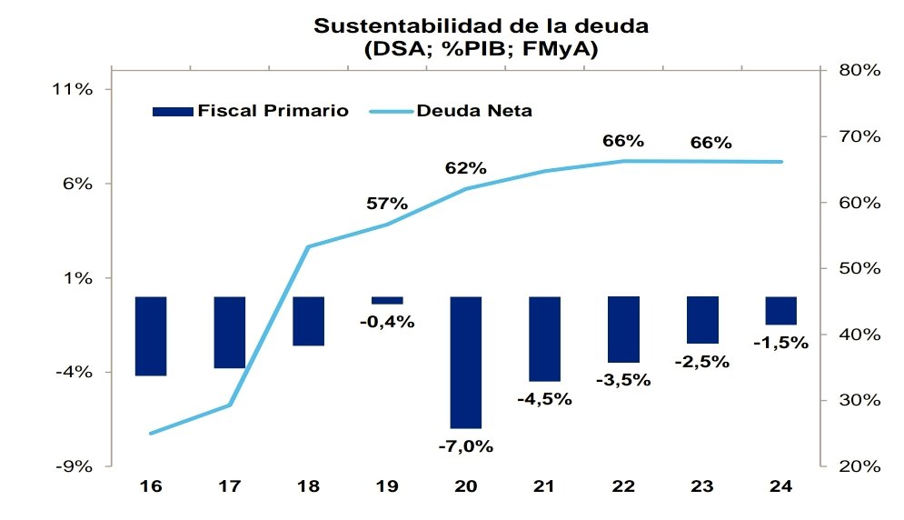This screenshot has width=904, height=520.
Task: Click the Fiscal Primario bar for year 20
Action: tap(465, 362)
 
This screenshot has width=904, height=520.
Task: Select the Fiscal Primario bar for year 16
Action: tap(151, 335)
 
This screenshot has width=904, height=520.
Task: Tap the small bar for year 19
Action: tap(387, 300)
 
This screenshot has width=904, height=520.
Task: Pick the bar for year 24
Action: tap(780, 310)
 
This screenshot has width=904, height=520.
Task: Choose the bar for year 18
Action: tap(308, 321)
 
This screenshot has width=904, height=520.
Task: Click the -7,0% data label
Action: tap(465, 445)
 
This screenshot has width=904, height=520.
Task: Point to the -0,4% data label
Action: tap(387, 321)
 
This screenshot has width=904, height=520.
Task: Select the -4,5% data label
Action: tap(544, 398)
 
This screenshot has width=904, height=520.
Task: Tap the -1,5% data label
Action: tap(780, 342)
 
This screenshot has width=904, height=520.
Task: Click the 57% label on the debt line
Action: tap(387, 204)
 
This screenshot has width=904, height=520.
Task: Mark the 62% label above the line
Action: tap(465, 168)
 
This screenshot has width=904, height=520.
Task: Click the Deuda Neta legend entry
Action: tap(473, 111)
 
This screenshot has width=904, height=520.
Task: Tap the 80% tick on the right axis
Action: tap(858, 70)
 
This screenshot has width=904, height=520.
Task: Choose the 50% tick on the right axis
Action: tap(858, 268)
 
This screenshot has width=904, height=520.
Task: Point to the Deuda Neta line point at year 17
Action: tap(230, 405)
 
